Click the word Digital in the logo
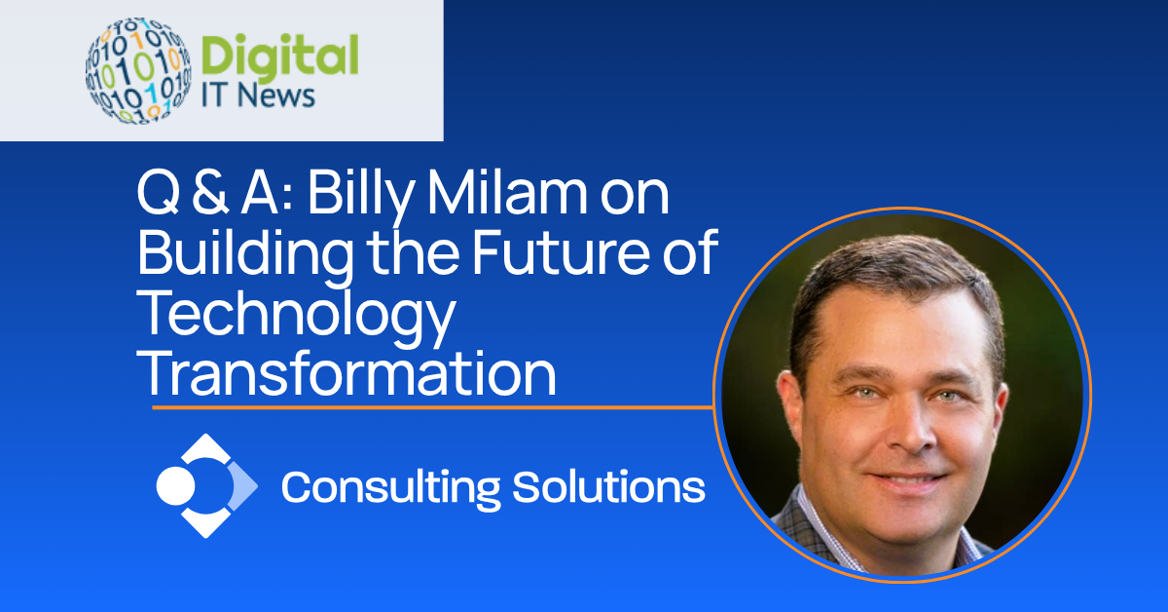279,57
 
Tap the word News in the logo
276,96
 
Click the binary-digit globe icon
138,70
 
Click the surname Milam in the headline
507,193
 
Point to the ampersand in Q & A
210,194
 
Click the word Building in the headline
245,254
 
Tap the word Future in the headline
562,253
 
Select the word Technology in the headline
296,316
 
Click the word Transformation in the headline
347,374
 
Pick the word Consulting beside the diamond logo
390,488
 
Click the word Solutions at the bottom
608,486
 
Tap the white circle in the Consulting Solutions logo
176,486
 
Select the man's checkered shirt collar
821,527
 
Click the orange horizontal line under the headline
433,406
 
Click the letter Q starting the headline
159,194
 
